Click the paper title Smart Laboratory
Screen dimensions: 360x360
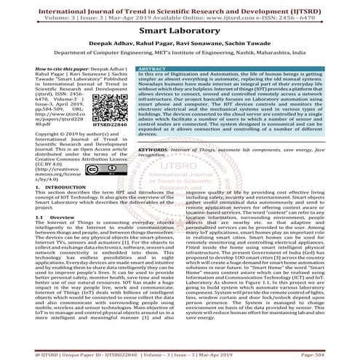point(180,32)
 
